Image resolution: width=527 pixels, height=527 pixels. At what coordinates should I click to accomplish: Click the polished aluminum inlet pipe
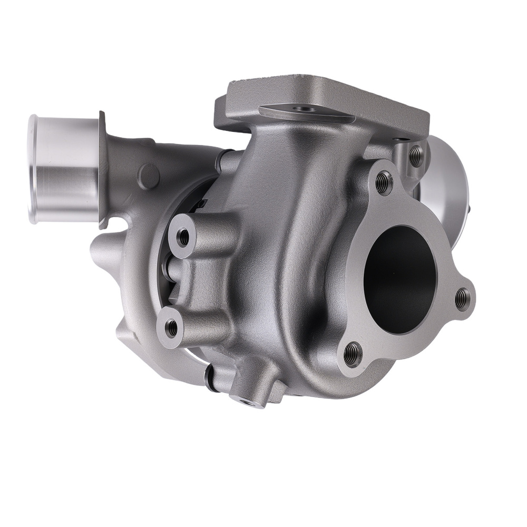66,169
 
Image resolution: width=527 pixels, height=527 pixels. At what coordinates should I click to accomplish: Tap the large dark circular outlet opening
400,279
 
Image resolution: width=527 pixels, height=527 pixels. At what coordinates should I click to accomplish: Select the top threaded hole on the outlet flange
384,182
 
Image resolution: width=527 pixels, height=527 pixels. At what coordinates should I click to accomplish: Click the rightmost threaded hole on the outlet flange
462,298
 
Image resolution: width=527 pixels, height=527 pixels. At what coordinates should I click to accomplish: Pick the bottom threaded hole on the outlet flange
353,354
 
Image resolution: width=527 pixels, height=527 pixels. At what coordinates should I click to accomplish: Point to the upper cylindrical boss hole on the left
183,237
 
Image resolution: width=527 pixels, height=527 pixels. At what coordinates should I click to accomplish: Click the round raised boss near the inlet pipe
149,177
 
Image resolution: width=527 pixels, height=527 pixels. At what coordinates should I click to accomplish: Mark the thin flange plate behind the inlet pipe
102,169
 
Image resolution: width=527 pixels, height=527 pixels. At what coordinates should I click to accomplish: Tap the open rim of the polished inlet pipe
33,169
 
